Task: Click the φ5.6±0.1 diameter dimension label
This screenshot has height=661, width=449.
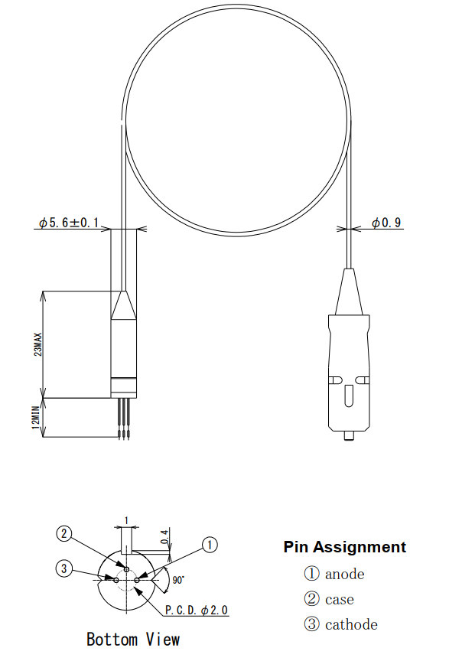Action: coord(69,223)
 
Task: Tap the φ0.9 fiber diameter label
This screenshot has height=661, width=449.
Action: coord(386,223)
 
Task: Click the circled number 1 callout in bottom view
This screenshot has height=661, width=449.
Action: coord(210,545)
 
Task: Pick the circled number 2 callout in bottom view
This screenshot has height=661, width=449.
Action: coord(65,533)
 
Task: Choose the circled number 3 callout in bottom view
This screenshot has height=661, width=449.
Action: coord(64,568)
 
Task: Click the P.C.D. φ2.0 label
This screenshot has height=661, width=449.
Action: coord(197,610)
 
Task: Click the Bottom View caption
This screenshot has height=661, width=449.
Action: coord(133,639)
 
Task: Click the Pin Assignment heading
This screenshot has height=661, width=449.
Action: coord(344,547)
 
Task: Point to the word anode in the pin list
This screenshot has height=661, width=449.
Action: coord(344,574)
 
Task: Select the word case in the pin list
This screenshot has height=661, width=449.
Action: coord(339,599)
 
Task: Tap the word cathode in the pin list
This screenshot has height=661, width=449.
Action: coord(351,624)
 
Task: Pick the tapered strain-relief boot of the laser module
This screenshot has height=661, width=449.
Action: coord(123,306)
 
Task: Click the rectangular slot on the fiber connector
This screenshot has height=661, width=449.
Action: coord(348,398)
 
